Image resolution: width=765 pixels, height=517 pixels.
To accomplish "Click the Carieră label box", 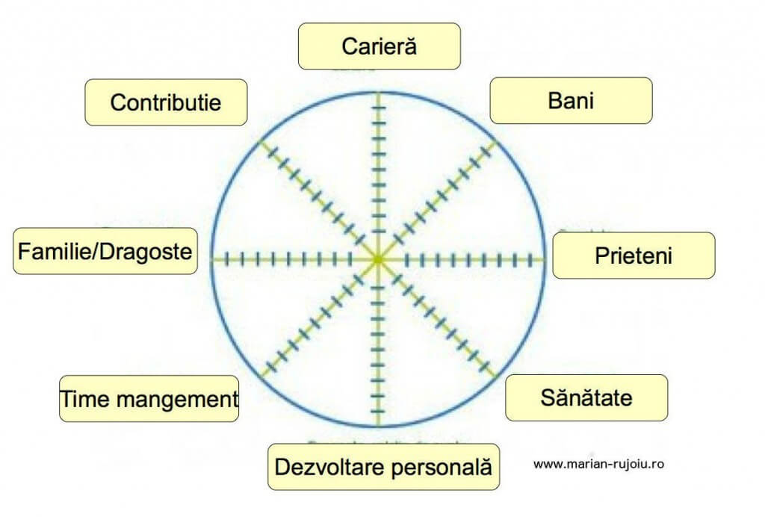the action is coord(379,46).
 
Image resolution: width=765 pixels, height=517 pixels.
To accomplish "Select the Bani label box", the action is coord(571,100).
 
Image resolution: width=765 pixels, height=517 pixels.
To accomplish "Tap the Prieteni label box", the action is coord(634,256).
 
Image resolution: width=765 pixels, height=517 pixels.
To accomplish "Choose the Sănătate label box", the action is coord(586,398).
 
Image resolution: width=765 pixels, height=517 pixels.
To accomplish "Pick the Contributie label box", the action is coord(166,102).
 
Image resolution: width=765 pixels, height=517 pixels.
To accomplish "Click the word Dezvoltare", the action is coord(329,467).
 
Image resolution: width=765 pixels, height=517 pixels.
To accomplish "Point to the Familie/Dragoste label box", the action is coord(105,251).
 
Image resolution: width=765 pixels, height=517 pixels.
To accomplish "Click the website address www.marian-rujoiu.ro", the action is coord(598,464).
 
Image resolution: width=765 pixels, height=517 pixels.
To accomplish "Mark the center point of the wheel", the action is coord(378,259).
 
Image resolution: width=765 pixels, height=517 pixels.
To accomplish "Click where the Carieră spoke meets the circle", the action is coord(378,93).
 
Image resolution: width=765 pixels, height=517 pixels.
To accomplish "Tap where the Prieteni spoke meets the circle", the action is coord(544,259).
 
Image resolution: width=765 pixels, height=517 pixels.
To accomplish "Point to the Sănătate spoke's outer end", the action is coord(496,377).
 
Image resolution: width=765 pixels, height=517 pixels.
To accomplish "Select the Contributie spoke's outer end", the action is coord(260,141).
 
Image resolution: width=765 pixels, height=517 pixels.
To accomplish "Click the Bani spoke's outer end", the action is coord(496,141).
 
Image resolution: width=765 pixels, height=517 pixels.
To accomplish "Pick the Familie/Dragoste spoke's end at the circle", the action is coord(211,259).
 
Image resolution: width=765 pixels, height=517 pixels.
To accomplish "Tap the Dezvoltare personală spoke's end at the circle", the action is coord(378,427).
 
